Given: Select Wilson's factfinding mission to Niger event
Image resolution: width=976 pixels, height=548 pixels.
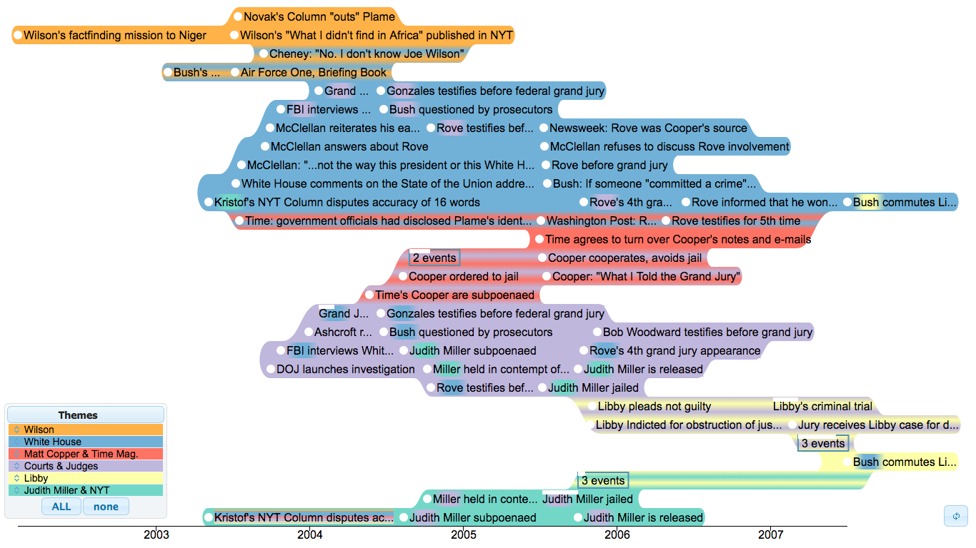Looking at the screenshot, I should [114, 35].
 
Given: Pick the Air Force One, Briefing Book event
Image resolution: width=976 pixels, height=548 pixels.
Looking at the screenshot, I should [313, 72].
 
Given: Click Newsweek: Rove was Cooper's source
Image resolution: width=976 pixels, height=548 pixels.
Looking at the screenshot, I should [648, 128].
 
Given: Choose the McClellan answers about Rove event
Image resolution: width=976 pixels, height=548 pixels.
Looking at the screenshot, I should [349, 147].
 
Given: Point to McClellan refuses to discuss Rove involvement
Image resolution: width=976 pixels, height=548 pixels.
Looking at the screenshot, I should [669, 147].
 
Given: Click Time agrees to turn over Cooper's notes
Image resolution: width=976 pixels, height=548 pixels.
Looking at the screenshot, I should [678, 240].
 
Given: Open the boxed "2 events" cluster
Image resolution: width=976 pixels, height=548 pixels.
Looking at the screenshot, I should [434, 258].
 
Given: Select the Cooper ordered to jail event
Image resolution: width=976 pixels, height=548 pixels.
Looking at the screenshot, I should [464, 276].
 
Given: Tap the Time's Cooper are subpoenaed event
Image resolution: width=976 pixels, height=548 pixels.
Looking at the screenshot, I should [454, 295].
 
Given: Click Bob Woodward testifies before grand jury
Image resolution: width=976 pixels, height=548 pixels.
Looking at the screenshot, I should [707, 332].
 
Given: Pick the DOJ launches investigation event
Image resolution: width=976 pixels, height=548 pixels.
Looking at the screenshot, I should [345, 369].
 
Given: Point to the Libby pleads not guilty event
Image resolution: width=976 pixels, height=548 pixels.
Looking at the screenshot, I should [654, 406].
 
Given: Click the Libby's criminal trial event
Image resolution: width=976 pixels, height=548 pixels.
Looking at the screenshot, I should [822, 406].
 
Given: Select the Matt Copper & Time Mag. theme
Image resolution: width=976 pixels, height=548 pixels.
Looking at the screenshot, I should [81, 454].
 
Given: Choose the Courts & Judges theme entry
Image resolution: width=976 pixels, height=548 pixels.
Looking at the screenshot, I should [61, 466].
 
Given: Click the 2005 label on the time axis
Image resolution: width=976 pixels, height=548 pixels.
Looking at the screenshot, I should [463, 534].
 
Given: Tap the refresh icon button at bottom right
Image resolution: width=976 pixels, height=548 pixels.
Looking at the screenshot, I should [956, 516].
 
